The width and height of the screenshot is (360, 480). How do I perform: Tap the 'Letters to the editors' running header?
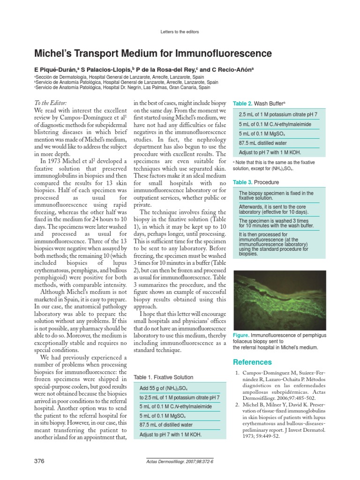180,32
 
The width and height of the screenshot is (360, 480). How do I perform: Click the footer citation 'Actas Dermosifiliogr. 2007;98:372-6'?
180,462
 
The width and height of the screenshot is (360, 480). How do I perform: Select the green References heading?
252,362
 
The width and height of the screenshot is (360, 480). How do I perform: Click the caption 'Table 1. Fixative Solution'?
163,377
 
